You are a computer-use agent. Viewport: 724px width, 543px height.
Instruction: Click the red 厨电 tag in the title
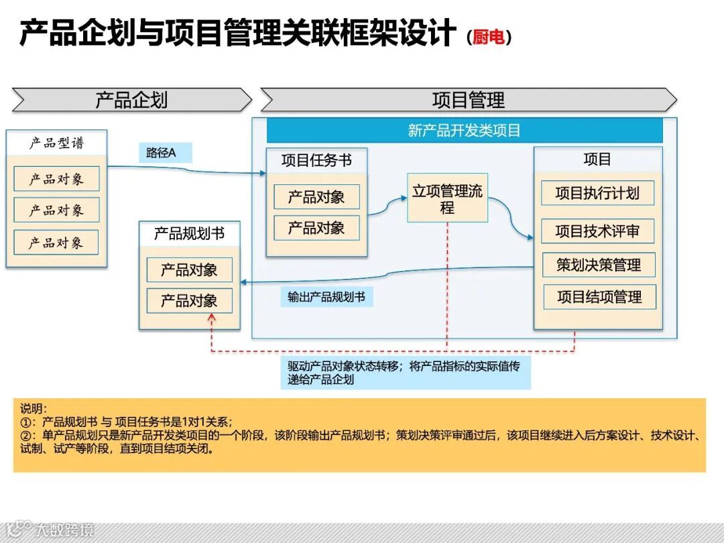pos(489,37)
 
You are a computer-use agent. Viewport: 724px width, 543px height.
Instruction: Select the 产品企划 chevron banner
pos(131,100)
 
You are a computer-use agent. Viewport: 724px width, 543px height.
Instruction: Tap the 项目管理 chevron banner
pos(468,100)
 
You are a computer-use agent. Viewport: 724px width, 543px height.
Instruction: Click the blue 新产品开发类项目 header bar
pos(464,130)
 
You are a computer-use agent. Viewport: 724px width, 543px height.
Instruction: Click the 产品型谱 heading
pos(56,143)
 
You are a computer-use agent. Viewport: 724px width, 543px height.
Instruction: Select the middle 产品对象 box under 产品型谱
pos(56,210)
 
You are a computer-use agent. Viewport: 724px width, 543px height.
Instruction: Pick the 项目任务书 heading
pos(316,160)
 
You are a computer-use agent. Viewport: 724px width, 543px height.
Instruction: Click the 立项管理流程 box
pos(447,199)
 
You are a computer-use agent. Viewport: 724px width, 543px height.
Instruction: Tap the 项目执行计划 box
pos(597,194)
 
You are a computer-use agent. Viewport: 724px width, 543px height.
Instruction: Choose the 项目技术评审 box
pos(597,231)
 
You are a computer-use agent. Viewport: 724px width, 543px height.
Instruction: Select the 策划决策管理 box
pos(598,265)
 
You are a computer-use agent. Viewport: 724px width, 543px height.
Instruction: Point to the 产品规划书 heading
pos(189,233)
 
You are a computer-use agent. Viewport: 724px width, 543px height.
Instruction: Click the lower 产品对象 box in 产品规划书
pos(189,301)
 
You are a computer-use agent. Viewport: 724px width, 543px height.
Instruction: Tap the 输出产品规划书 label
pos(326,296)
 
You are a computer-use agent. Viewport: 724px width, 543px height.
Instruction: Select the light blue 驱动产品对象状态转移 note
pos(406,373)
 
